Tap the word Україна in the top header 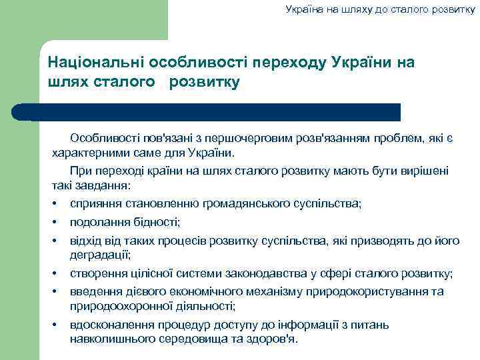tap(304, 9)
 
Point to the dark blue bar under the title tap(213, 112)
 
